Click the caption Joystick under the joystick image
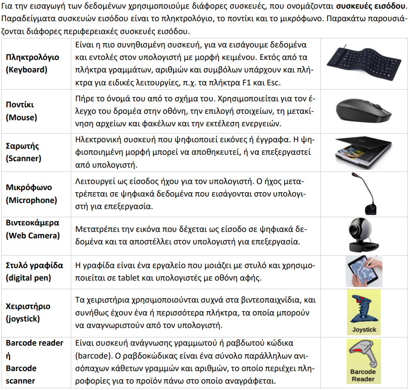tap(364, 330)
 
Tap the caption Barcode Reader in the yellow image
tap(363, 375)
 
